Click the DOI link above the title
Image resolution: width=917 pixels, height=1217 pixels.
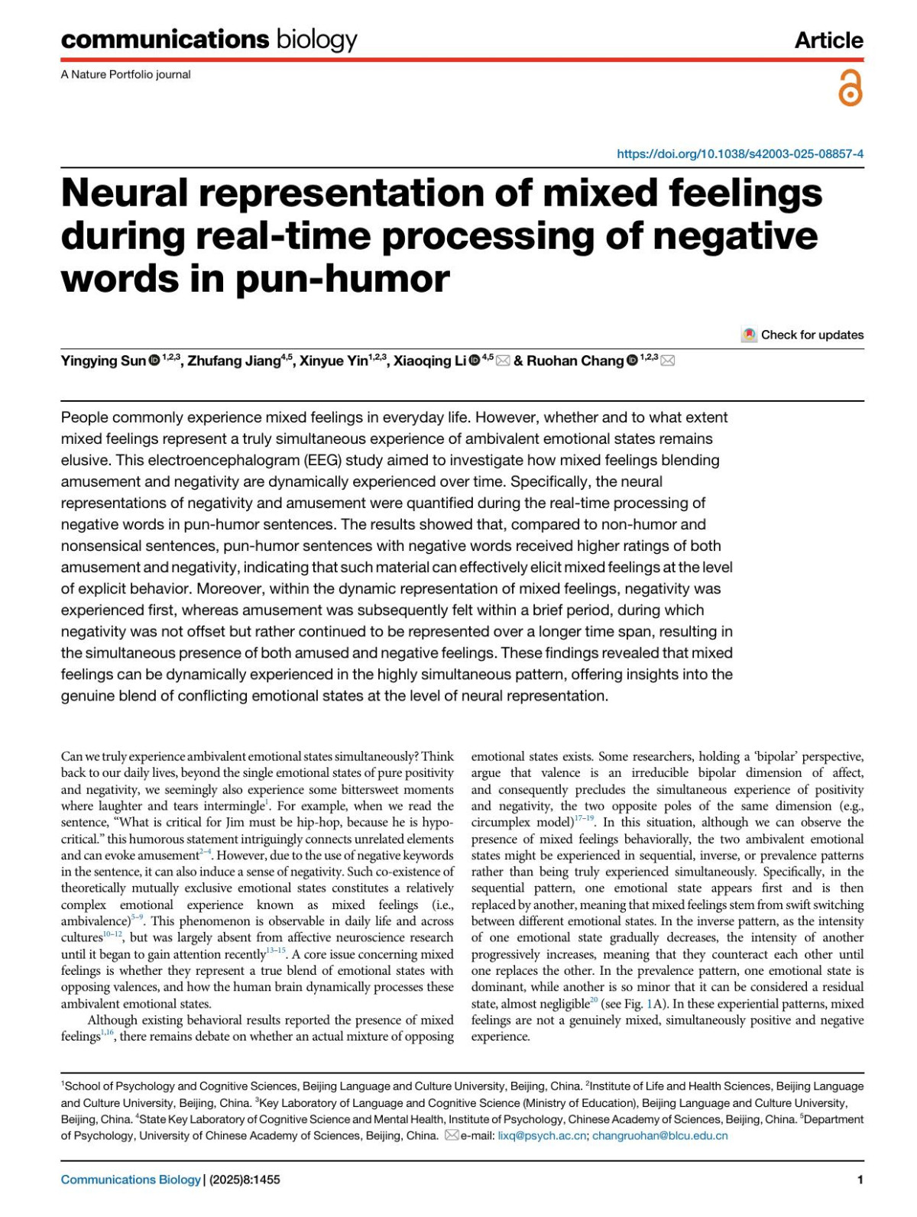[740, 154]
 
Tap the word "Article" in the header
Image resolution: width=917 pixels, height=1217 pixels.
[828, 40]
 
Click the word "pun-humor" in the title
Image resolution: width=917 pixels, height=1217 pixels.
[342, 278]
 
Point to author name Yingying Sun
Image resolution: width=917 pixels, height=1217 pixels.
[103, 361]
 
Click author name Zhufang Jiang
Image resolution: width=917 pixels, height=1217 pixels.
[234, 361]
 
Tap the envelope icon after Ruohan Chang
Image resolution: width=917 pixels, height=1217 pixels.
[667, 361]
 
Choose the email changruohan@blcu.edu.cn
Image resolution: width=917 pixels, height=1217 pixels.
[659, 1135]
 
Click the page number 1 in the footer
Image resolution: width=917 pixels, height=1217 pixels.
[860, 1180]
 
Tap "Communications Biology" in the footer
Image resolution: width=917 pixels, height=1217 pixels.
[131, 1180]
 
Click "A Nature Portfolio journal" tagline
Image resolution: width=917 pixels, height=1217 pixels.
[125, 74]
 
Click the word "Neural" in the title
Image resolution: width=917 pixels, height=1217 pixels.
[124, 193]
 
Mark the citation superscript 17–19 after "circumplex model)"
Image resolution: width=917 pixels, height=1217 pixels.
[584, 819]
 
